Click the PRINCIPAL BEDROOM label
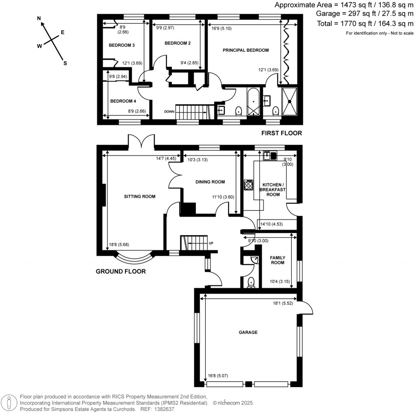246,50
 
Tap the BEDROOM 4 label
123,101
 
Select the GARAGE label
248,332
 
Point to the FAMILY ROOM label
278,260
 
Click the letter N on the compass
39,19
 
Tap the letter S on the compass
65,63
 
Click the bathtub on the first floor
252,101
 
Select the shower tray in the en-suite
290,101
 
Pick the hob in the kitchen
248,185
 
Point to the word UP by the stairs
211,243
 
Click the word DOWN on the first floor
169,112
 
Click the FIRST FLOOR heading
282,133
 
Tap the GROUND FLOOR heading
121,271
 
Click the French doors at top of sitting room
141,142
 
